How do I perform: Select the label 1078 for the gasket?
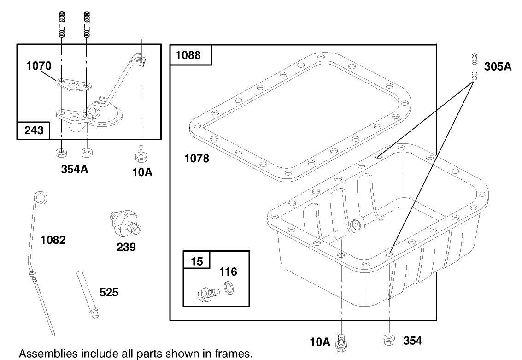pos(197,159)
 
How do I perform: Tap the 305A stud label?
pos(498,66)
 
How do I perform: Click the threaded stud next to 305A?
pos(474,67)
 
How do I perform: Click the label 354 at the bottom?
pos(412,341)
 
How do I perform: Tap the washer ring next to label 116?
pos(228,289)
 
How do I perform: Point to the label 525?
pos(109,292)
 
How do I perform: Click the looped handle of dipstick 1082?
pos(40,198)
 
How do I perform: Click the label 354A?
pos(75,169)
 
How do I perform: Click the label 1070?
pos(39,66)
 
